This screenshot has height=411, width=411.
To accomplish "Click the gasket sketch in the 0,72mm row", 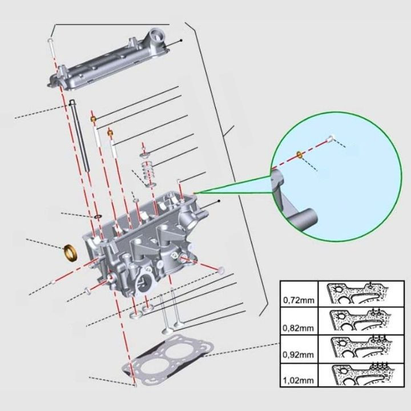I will (357, 295).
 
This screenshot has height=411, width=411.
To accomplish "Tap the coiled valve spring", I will (150, 171).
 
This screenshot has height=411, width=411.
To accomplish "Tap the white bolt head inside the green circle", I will (330, 137).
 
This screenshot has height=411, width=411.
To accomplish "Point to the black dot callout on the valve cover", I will (181, 41).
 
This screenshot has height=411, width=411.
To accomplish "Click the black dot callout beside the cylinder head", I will (219, 202).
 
